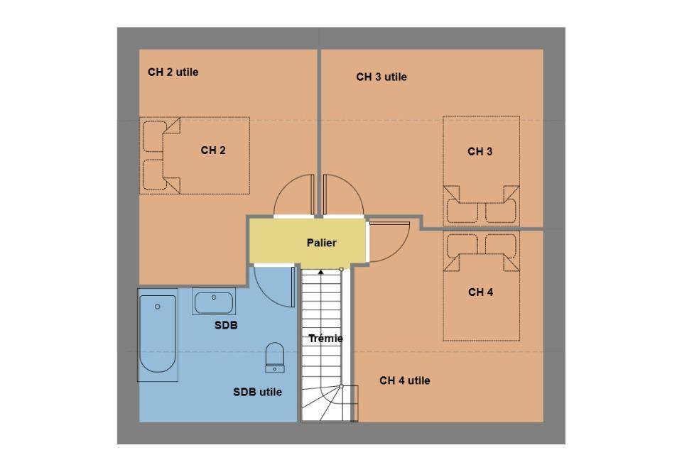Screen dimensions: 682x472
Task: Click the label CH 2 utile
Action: click(173, 72)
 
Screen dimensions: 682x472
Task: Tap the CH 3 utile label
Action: click(381, 77)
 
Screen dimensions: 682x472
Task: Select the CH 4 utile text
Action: click(405, 380)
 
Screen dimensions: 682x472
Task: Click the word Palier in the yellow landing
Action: click(321, 243)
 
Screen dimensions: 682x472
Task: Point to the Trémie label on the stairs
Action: click(326, 339)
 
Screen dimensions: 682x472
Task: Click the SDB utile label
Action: click(257, 392)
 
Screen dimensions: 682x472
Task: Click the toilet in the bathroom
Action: click(274, 357)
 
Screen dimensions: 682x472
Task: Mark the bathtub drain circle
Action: click(158, 307)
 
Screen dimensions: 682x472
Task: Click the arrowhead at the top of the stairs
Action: click(321, 272)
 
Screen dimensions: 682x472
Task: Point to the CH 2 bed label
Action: click(213, 150)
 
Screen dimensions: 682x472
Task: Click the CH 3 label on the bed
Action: click(480, 152)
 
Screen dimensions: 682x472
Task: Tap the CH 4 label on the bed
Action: click(481, 292)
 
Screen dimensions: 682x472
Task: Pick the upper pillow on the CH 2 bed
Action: click(154, 136)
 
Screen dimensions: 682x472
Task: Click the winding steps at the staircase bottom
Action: click(330, 403)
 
